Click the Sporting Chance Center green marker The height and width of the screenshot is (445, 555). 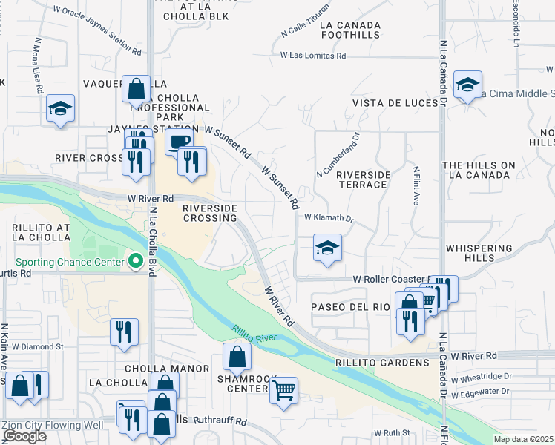[136, 261]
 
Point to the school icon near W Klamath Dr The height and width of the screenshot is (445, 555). [326, 248]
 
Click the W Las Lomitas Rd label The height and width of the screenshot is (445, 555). [313, 56]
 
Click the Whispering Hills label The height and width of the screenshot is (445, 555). [480, 253]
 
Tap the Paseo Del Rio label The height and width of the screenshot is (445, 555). [350, 306]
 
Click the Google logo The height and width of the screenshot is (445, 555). [24, 436]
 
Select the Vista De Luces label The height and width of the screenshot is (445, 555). [394, 102]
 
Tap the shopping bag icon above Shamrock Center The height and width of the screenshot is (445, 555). [236, 357]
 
